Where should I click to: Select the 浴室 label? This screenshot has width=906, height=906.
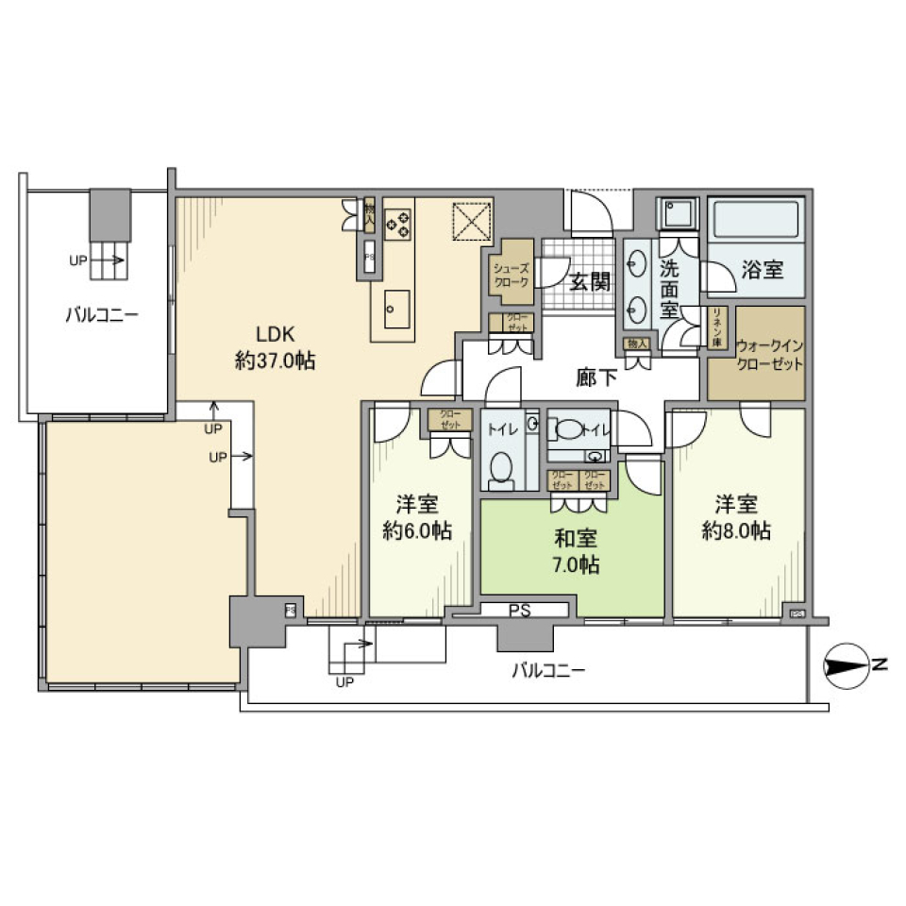763,270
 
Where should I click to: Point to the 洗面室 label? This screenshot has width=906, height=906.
671,288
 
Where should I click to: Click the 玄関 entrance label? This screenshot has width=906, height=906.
589,280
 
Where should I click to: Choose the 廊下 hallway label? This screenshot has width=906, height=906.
596,377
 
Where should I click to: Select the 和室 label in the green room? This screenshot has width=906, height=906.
576,539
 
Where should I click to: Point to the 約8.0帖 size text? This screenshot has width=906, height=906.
737,530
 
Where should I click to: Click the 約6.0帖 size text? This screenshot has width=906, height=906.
417,530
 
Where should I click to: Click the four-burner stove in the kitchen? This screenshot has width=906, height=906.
398,224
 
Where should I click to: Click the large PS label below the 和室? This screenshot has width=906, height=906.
520,611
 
